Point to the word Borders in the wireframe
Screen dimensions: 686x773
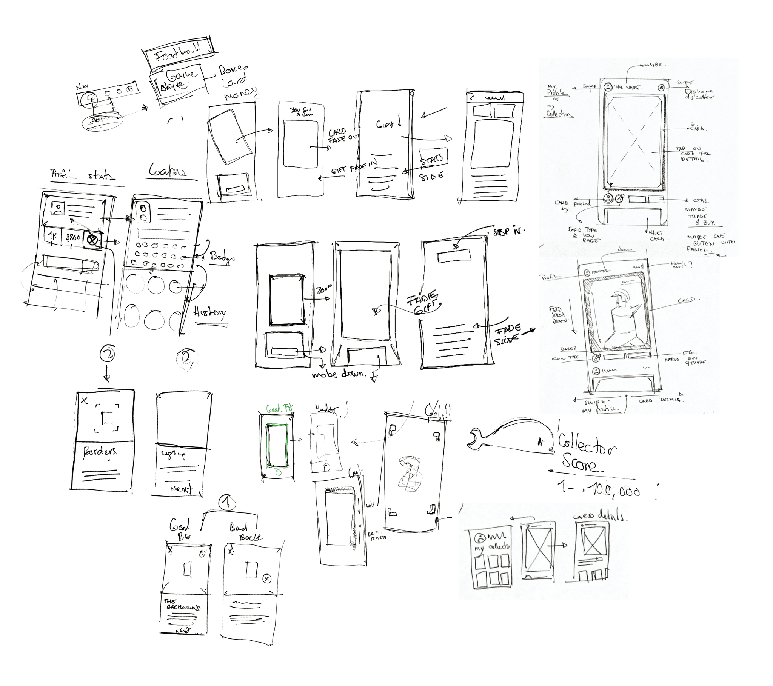click(100, 452)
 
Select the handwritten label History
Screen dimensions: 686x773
click(210, 312)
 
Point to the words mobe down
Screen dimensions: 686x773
click(339, 374)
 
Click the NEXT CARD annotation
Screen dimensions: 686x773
click(657, 236)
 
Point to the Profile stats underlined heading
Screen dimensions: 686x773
click(83, 175)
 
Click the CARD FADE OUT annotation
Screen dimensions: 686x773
click(343, 136)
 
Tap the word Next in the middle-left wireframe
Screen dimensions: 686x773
click(182, 489)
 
